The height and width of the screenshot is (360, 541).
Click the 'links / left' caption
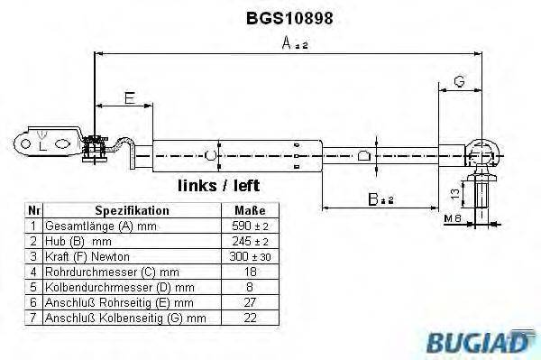click(219, 186)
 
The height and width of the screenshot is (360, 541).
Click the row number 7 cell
click(32, 318)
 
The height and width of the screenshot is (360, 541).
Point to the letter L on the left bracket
click(41, 144)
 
